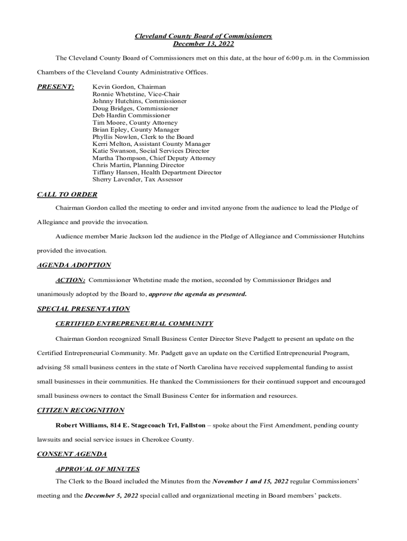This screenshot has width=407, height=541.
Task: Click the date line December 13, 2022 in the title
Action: point(203,43)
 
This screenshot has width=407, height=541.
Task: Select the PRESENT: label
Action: point(55,87)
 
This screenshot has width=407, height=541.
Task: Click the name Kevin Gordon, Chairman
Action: point(129,87)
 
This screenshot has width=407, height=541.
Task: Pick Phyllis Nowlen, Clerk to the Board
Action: point(143,137)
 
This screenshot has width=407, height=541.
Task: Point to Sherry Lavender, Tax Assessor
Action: point(137,180)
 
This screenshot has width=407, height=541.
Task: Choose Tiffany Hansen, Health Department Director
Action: point(157,172)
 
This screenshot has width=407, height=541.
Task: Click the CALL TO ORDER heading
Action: point(67,194)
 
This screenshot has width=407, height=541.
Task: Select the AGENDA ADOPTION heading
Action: point(74,265)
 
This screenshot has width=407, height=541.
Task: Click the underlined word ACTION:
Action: point(70,280)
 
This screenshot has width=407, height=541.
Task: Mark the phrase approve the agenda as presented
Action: point(198,294)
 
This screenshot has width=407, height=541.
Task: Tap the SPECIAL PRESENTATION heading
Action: point(84,309)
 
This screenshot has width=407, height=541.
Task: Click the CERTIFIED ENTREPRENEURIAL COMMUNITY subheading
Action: point(134,323)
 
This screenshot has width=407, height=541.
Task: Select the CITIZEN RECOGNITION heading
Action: point(81,410)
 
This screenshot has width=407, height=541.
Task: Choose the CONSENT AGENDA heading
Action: point(72,454)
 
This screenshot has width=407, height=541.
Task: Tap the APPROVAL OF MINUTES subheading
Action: point(98,469)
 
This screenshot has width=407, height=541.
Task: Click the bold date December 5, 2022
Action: point(112,496)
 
